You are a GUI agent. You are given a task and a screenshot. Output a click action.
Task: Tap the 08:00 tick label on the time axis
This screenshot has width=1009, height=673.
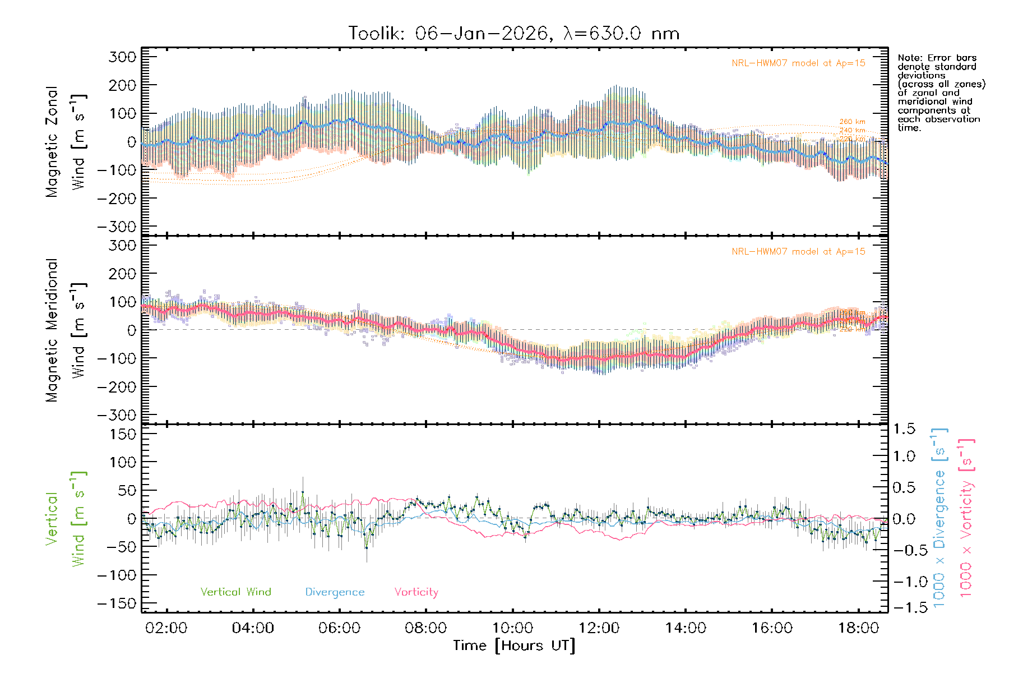(x=425, y=628)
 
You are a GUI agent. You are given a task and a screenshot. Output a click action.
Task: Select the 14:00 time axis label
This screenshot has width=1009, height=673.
(x=685, y=628)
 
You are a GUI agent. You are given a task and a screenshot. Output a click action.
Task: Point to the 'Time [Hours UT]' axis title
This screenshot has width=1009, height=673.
(x=513, y=646)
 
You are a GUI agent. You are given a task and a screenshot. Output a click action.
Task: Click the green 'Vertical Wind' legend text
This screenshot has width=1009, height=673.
(x=235, y=592)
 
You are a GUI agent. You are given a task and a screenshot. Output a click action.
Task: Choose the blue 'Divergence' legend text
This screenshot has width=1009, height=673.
(x=335, y=592)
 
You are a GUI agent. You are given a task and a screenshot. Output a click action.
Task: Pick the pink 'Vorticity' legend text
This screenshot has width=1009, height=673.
(x=416, y=592)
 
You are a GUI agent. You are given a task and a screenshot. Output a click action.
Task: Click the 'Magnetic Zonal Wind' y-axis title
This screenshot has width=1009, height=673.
(x=66, y=141)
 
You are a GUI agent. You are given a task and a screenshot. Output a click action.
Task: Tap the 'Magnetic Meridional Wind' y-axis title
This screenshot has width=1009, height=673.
(x=66, y=330)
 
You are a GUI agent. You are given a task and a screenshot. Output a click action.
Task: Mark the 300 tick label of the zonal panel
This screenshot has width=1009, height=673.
(x=122, y=57)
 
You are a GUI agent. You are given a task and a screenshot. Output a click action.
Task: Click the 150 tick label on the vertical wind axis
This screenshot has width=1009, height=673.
(x=122, y=434)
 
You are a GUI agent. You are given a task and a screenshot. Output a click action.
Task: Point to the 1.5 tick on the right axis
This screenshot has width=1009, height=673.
(x=904, y=429)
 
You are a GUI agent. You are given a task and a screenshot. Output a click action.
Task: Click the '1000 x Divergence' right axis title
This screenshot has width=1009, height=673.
(x=939, y=519)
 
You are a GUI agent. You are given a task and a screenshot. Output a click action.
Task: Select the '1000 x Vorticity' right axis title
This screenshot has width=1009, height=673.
(x=966, y=519)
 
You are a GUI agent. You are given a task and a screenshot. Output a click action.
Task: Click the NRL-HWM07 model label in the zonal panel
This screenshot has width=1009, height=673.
(x=798, y=63)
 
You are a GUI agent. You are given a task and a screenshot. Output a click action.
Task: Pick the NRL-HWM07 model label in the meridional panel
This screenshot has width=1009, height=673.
(x=798, y=252)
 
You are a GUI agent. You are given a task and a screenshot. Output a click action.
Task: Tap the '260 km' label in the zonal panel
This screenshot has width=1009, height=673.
(x=852, y=122)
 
